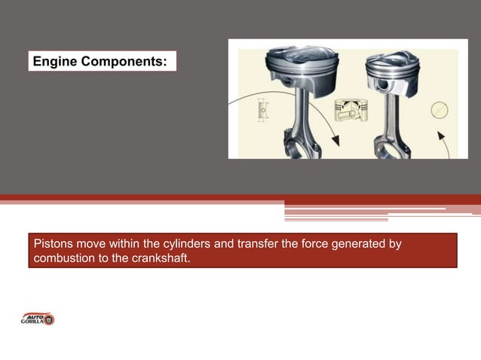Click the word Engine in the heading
[54, 62]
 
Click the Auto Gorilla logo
[37, 319]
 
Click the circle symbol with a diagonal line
[440, 110]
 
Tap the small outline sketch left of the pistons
[262, 111]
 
